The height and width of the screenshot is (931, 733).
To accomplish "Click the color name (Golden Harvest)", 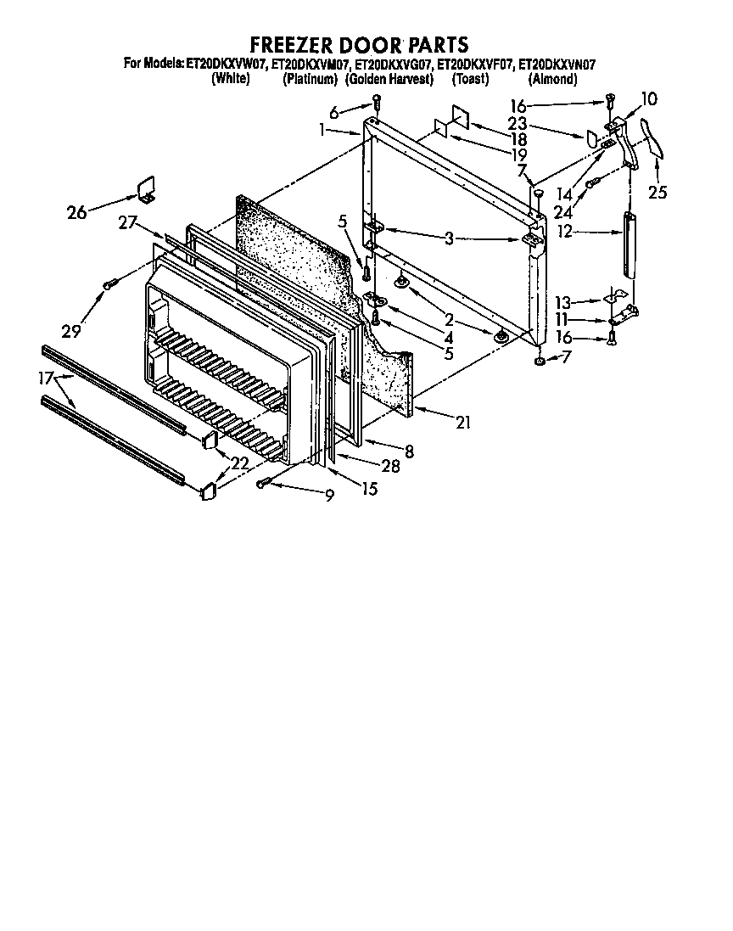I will (x=390, y=79).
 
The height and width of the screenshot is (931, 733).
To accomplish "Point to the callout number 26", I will (x=77, y=212).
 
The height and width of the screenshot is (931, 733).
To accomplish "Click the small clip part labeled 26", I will (x=147, y=189).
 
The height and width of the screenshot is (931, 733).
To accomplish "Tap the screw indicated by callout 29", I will (x=108, y=284).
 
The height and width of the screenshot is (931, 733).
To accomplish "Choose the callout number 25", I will (x=657, y=193).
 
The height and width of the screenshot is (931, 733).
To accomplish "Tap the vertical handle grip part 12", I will (x=629, y=244).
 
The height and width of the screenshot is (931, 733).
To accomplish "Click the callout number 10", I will (x=648, y=99).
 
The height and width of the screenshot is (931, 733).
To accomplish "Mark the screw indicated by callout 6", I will (x=378, y=104).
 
